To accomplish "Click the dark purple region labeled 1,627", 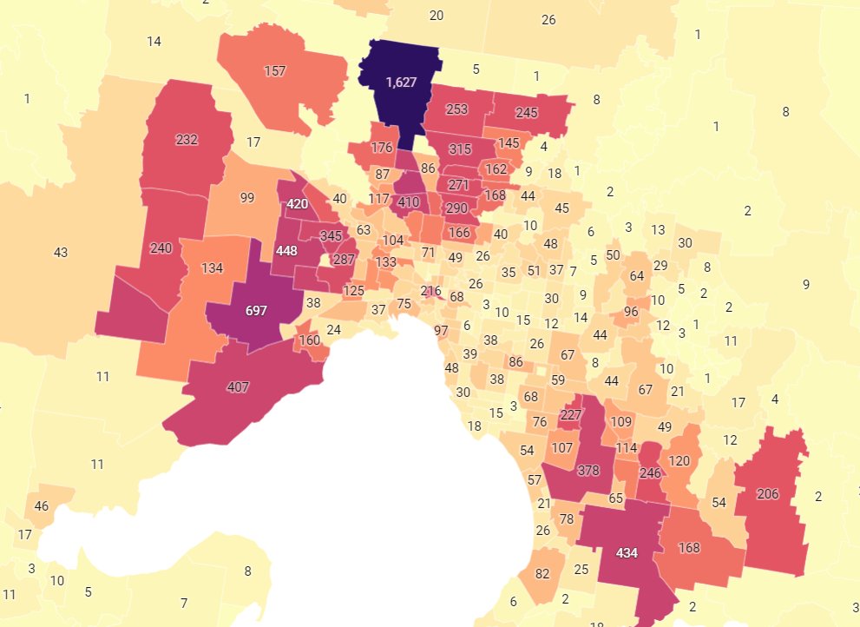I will coord(402,82).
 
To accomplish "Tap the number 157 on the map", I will coord(274,71).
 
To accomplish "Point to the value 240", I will coord(161,248).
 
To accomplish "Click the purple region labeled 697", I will coord(256,311).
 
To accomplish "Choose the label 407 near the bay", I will coord(238,386).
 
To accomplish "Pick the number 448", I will coord(286,250).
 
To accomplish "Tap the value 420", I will coord(298,204).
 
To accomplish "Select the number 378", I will coord(588,471).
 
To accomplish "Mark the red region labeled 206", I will coord(768,494).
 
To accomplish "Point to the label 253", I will coord(458,109).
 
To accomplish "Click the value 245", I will coord(527,112).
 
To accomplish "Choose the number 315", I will coord(460,149).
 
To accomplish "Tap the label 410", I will coord(408,202).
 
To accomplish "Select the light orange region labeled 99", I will coord(246,198).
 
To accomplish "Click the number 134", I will coord(213,267).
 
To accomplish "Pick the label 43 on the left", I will coord(60,253).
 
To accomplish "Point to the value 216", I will coord(430,291).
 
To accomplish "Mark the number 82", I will coord(543,574).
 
